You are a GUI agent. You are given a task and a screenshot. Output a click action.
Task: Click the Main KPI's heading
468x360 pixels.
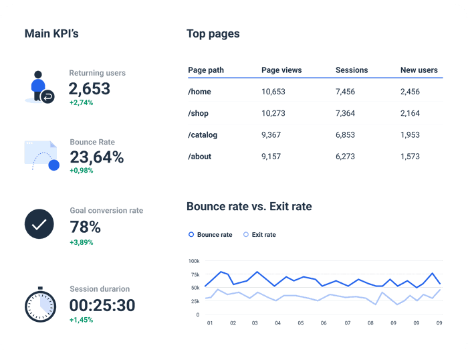(51, 33)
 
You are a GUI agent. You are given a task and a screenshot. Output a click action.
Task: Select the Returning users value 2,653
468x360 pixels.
(90, 88)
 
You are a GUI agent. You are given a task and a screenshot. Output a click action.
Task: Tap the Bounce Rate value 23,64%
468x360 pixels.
(96, 157)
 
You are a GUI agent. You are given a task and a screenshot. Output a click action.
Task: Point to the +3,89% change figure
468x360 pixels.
(82, 242)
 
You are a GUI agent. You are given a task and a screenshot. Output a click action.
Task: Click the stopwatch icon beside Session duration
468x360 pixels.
(40, 305)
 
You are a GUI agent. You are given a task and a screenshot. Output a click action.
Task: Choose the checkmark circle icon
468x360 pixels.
(39, 224)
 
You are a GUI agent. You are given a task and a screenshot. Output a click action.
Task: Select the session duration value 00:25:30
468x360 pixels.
(102, 306)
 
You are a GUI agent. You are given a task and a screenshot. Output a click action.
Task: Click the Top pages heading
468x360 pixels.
(213, 33)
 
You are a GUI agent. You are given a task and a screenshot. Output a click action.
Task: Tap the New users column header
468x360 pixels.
(419, 70)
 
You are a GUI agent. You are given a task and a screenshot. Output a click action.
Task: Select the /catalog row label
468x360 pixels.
(203, 134)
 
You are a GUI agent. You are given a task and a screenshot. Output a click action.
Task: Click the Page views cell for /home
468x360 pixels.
(273, 92)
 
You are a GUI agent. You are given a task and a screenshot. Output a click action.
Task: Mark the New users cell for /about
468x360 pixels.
(410, 157)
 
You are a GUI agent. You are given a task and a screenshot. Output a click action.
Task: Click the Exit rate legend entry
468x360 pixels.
(259, 235)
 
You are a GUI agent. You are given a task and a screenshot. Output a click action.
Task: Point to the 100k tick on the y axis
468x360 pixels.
(193, 261)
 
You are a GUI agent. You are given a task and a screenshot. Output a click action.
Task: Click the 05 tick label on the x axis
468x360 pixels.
(300, 323)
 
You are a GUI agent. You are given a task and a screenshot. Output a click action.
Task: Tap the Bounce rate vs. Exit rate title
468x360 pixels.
(249, 206)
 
